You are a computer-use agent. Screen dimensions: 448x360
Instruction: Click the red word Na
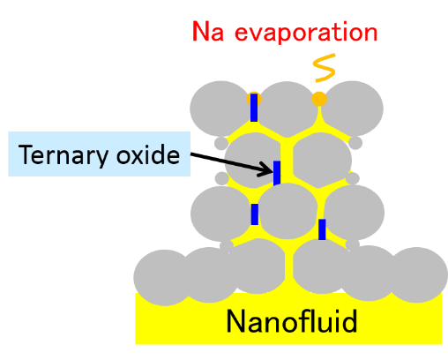click(x=208, y=31)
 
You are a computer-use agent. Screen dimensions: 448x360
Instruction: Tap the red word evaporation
click(x=306, y=34)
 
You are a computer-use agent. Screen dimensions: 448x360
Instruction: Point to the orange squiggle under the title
click(x=325, y=68)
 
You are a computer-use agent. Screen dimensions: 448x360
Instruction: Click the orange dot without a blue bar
click(x=319, y=99)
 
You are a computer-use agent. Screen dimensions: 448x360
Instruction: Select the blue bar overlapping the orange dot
click(x=254, y=108)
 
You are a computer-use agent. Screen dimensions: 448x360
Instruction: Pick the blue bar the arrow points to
click(x=277, y=173)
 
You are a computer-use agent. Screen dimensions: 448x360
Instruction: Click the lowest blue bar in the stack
click(x=322, y=229)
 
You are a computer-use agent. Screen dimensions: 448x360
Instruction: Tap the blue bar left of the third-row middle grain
click(x=255, y=214)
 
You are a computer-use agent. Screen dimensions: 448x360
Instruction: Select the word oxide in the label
click(x=148, y=154)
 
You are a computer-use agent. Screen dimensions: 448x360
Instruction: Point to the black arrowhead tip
click(x=273, y=172)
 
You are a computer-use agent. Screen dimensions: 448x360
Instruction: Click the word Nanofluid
click(x=292, y=321)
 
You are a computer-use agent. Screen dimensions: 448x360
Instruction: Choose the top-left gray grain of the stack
click(x=220, y=109)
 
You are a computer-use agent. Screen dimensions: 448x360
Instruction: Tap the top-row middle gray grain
click(x=287, y=109)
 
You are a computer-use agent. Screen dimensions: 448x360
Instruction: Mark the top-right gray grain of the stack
click(x=352, y=109)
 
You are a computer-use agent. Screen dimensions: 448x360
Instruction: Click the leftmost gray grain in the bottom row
click(x=164, y=278)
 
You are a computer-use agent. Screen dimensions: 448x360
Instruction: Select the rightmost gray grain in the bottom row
click(x=417, y=275)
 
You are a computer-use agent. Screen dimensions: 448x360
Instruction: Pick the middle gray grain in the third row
click(x=287, y=211)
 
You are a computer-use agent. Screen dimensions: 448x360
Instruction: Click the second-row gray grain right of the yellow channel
click(x=322, y=161)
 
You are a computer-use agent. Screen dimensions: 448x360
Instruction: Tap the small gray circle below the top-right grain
click(x=355, y=143)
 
